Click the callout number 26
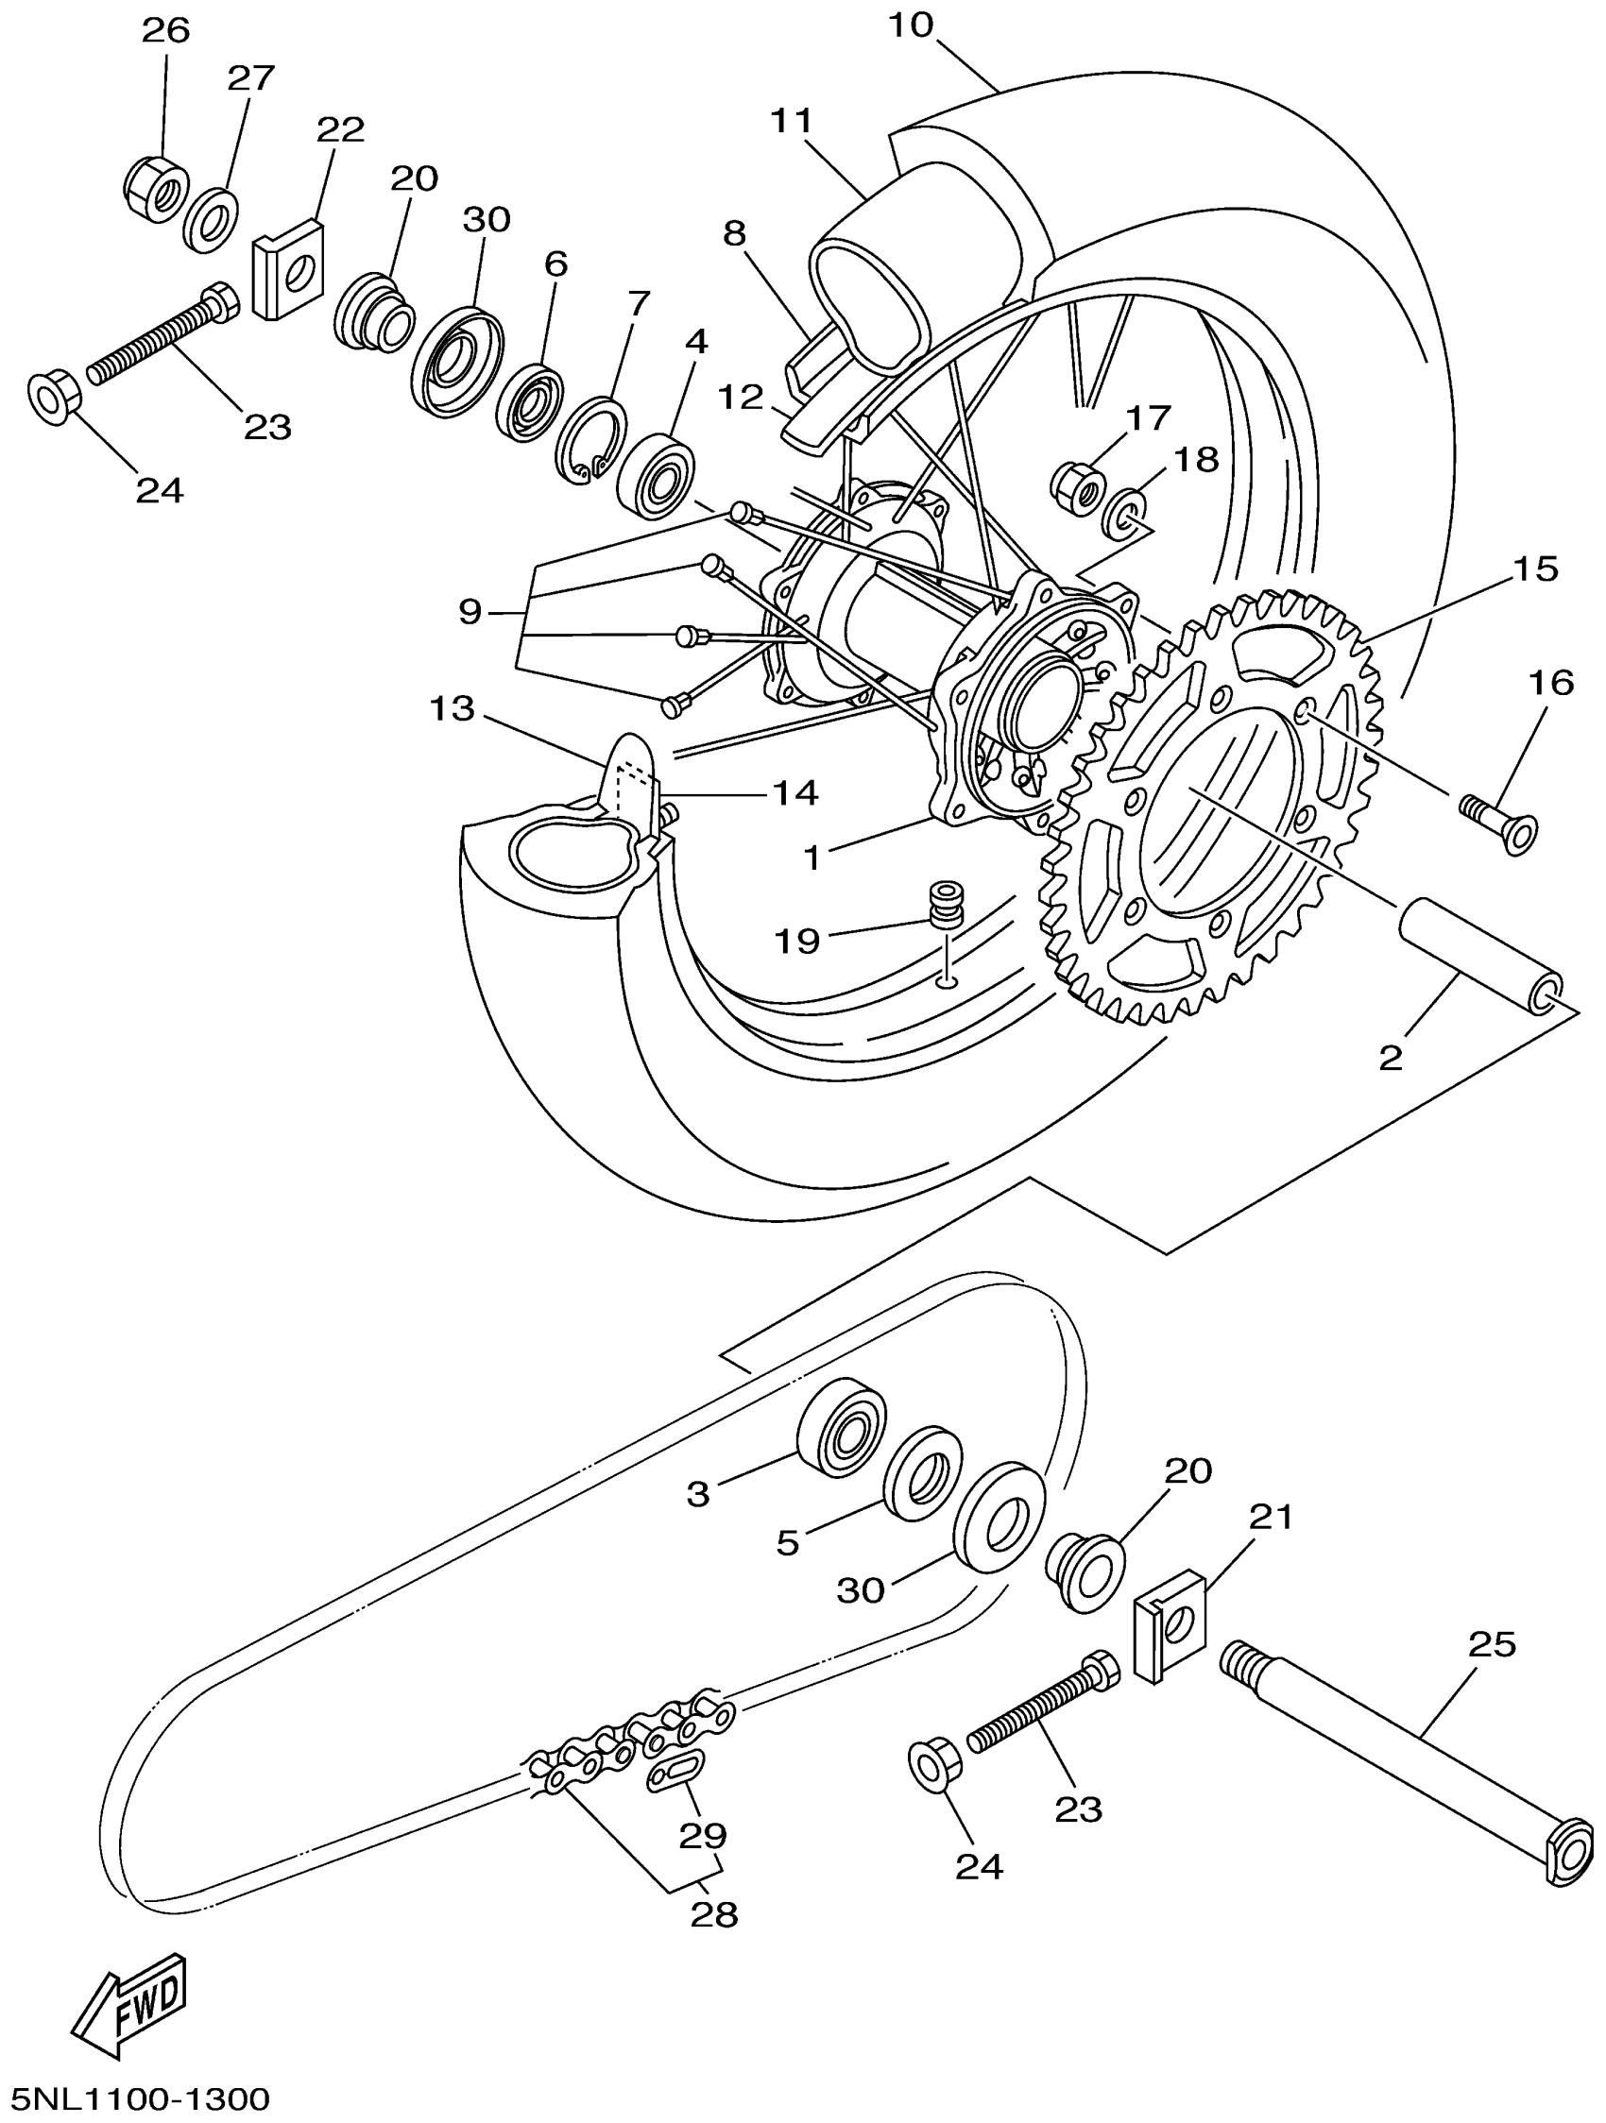tap(166, 30)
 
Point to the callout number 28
tap(714, 1913)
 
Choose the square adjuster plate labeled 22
tap(287, 269)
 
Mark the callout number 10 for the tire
tap(910, 25)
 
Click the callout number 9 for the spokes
tap(470, 610)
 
